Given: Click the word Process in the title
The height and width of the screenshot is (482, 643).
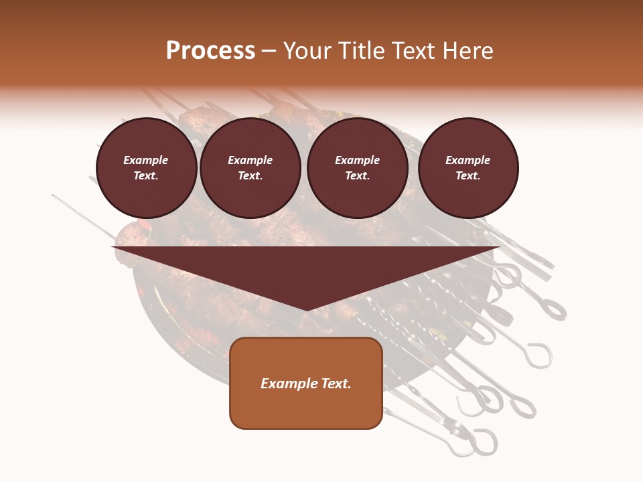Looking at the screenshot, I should click(x=210, y=51).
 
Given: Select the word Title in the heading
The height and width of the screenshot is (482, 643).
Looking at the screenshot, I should click(x=362, y=51).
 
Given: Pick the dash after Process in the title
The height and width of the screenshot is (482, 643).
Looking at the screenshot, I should click(x=269, y=52).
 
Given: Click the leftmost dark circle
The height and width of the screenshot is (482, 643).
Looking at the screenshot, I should click(x=147, y=168).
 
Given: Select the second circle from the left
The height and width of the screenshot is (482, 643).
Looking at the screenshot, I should click(x=251, y=168).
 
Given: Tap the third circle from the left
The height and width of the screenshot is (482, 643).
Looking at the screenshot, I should click(x=358, y=168).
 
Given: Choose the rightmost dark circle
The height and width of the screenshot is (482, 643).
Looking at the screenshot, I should click(x=468, y=168).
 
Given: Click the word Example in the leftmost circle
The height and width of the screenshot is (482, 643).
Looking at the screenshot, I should click(x=146, y=160).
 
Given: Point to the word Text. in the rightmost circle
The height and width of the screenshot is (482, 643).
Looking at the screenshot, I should click(x=468, y=176).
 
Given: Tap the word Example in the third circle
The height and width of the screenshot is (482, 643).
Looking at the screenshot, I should click(x=357, y=160).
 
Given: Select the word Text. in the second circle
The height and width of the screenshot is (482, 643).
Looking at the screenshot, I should click(x=251, y=176).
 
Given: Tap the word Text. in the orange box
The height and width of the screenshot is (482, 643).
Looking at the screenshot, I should click(x=336, y=384).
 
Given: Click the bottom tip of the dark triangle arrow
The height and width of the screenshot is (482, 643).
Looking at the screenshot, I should click(x=306, y=310).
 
